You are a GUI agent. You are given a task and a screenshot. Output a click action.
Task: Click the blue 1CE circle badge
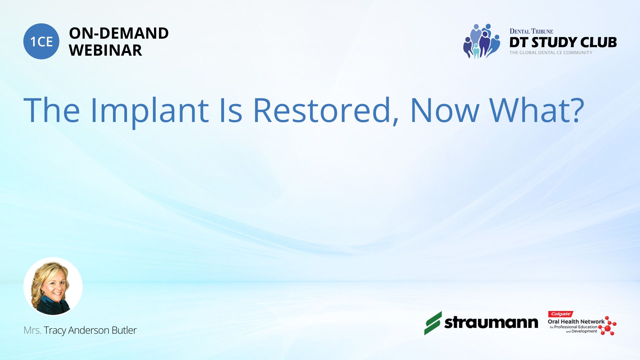click(x=41, y=41)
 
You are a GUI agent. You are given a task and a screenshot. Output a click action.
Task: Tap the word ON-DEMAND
click(x=119, y=33)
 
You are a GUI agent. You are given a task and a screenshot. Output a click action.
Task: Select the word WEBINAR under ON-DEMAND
click(x=105, y=50)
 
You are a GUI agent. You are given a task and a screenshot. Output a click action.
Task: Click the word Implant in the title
click(x=149, y=111)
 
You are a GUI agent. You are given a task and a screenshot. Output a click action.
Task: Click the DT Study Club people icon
click(x=482, y=41)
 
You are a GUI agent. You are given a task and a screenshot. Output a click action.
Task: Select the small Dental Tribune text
click(x=531, y=31)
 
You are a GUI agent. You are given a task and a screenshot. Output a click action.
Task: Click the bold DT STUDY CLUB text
click(x=563, y=42)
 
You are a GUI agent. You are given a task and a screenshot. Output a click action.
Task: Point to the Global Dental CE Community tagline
click(x=551, y=53)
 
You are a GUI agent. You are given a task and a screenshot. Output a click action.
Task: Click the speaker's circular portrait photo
click(x=53, y=286)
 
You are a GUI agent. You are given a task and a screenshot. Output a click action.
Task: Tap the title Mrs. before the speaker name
click(x=32, y=330)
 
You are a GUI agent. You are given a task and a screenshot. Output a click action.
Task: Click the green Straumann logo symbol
click(x=433, y=323)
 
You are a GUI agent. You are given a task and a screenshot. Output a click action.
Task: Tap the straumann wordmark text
click(x=491, y=323)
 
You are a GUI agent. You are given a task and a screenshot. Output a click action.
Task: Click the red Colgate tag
click(x=560, y=314)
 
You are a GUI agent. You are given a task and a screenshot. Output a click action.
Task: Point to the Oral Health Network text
click(x=576, y=322)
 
